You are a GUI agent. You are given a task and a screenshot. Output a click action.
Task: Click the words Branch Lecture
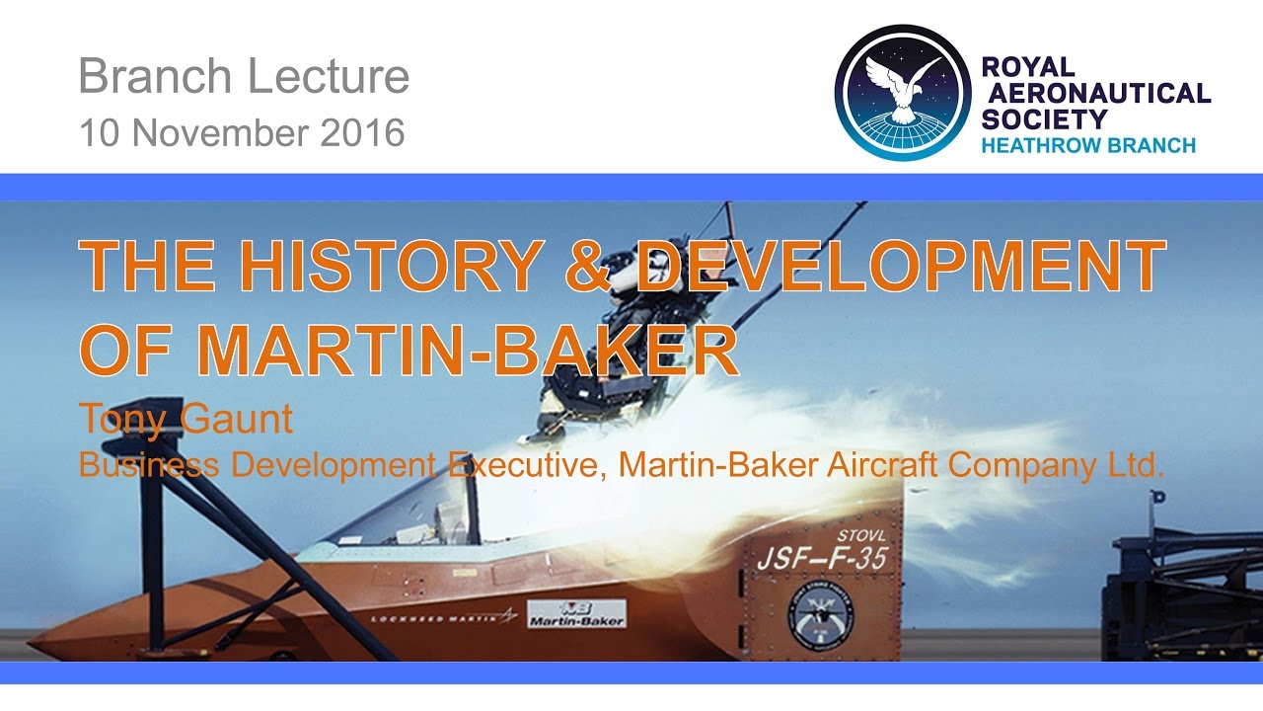point(244,77)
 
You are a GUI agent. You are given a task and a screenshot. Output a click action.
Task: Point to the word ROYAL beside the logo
point(1026,68)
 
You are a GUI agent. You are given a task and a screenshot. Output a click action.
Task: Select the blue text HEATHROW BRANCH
point(1088,145)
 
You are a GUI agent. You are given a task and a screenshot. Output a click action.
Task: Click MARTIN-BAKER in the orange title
point(469,349)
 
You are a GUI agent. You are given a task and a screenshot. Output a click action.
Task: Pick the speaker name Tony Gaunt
point(186,420)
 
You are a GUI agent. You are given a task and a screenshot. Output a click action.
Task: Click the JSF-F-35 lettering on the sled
point(821,559)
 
